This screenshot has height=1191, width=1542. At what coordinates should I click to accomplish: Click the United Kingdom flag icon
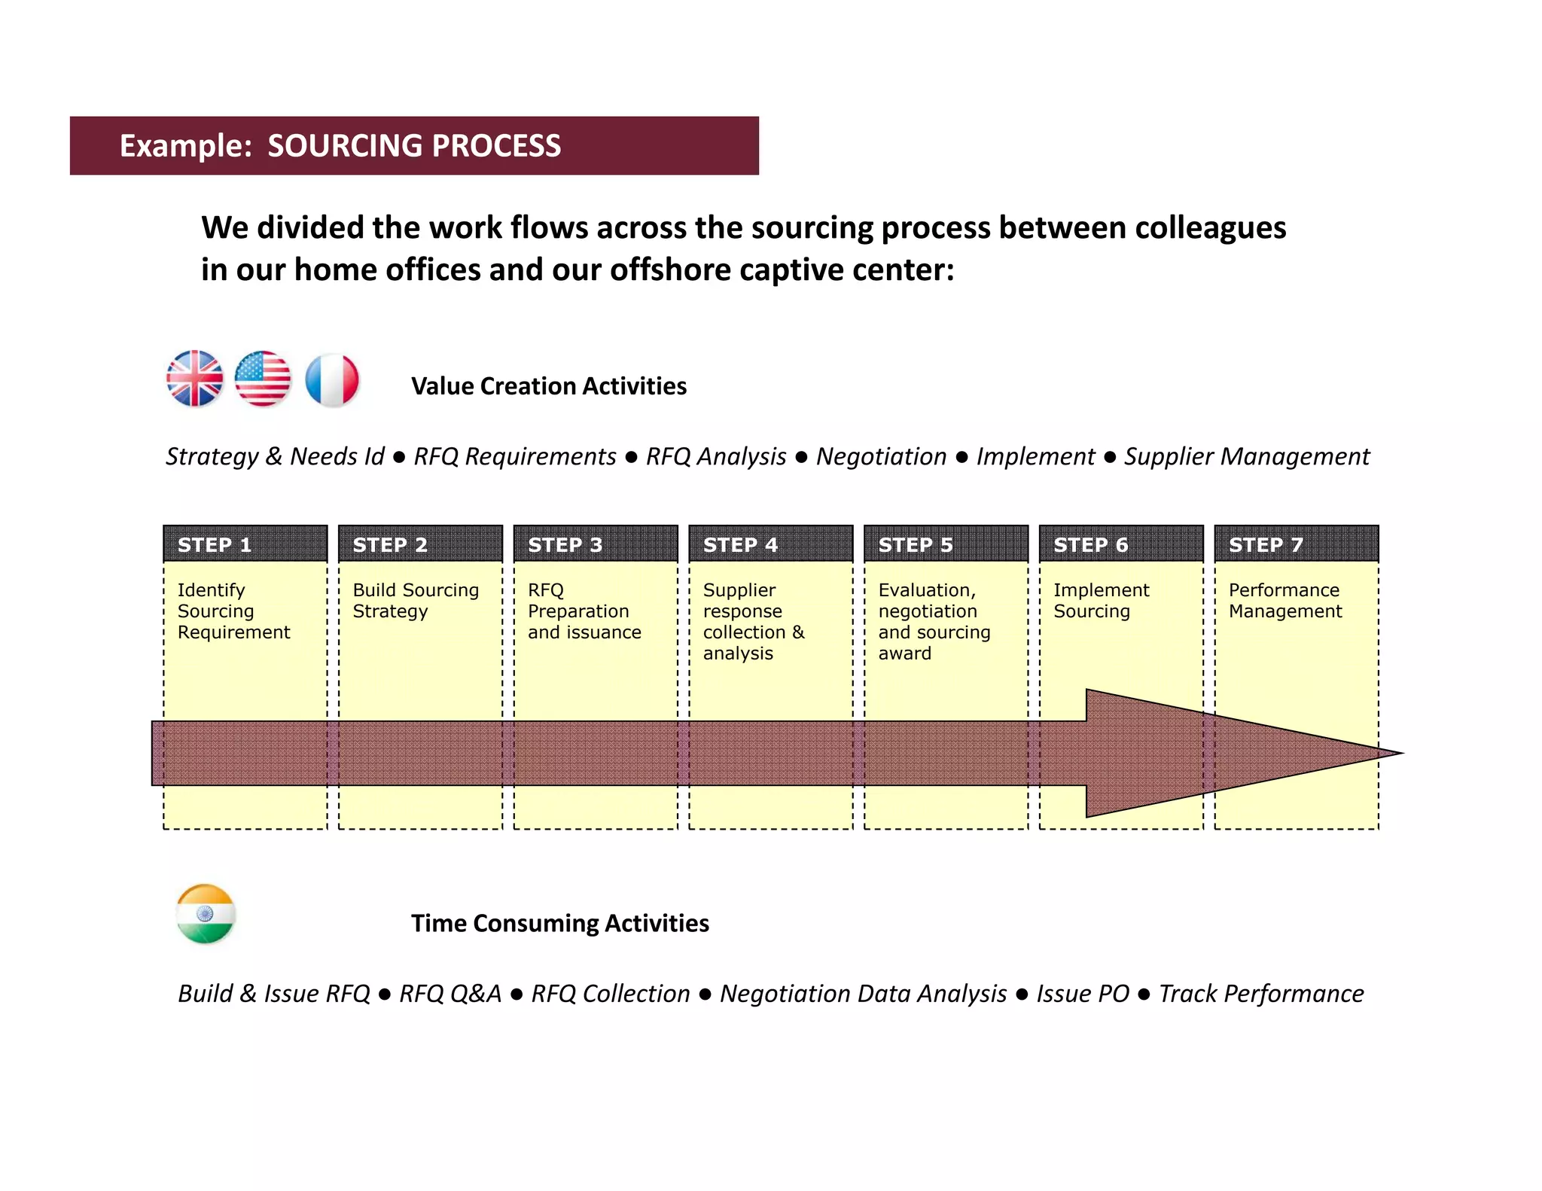pos(195,379)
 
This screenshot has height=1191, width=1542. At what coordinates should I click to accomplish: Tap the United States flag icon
pos(263,379)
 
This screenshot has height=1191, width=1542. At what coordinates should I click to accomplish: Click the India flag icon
pos(206,914)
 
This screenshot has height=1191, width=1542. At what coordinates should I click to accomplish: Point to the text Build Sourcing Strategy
pos(416,601)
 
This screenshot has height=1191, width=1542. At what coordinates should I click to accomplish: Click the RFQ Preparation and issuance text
pos(584,611)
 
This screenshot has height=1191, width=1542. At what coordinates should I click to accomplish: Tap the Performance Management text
pos(1284,601)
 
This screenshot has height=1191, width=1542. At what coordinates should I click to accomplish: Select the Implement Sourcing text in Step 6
pos(1101,601)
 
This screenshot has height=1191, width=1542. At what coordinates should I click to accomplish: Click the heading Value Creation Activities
pos(549,386)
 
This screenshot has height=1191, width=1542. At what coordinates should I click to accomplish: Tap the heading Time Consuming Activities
pos(559,923)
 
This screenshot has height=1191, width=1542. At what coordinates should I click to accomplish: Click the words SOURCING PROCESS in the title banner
pos(414,146)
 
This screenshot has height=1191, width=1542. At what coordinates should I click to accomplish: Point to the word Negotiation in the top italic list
pos(881,456)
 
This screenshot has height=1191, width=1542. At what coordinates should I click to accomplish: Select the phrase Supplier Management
pos(1246,456)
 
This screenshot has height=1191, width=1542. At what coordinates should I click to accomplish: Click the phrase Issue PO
pos(1082,994)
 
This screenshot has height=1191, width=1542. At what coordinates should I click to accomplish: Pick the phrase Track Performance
pos(1260,994)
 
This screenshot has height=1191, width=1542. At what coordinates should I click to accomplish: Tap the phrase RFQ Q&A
pos(449,994)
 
